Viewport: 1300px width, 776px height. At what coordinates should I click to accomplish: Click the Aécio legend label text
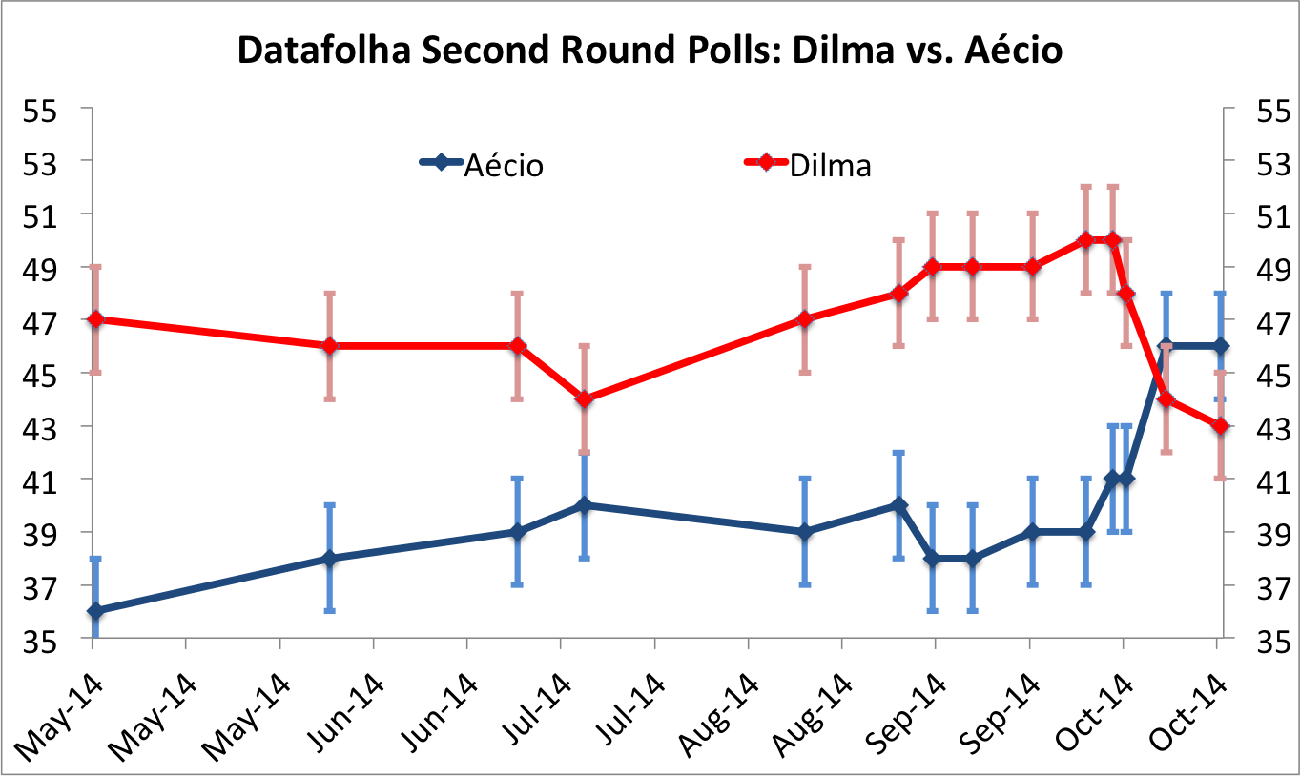[x=504, y=166]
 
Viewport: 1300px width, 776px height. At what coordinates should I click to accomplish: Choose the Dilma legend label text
[x=830, y=166]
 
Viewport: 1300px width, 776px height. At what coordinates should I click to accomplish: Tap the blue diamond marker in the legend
[x=441, y=163]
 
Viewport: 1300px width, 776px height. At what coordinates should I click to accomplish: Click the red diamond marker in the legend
[x=766, y=163]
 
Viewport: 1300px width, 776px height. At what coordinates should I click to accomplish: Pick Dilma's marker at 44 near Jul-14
[x=586, y=398]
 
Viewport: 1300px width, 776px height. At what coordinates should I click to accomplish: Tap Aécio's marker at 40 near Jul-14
[x=586, y=505]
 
